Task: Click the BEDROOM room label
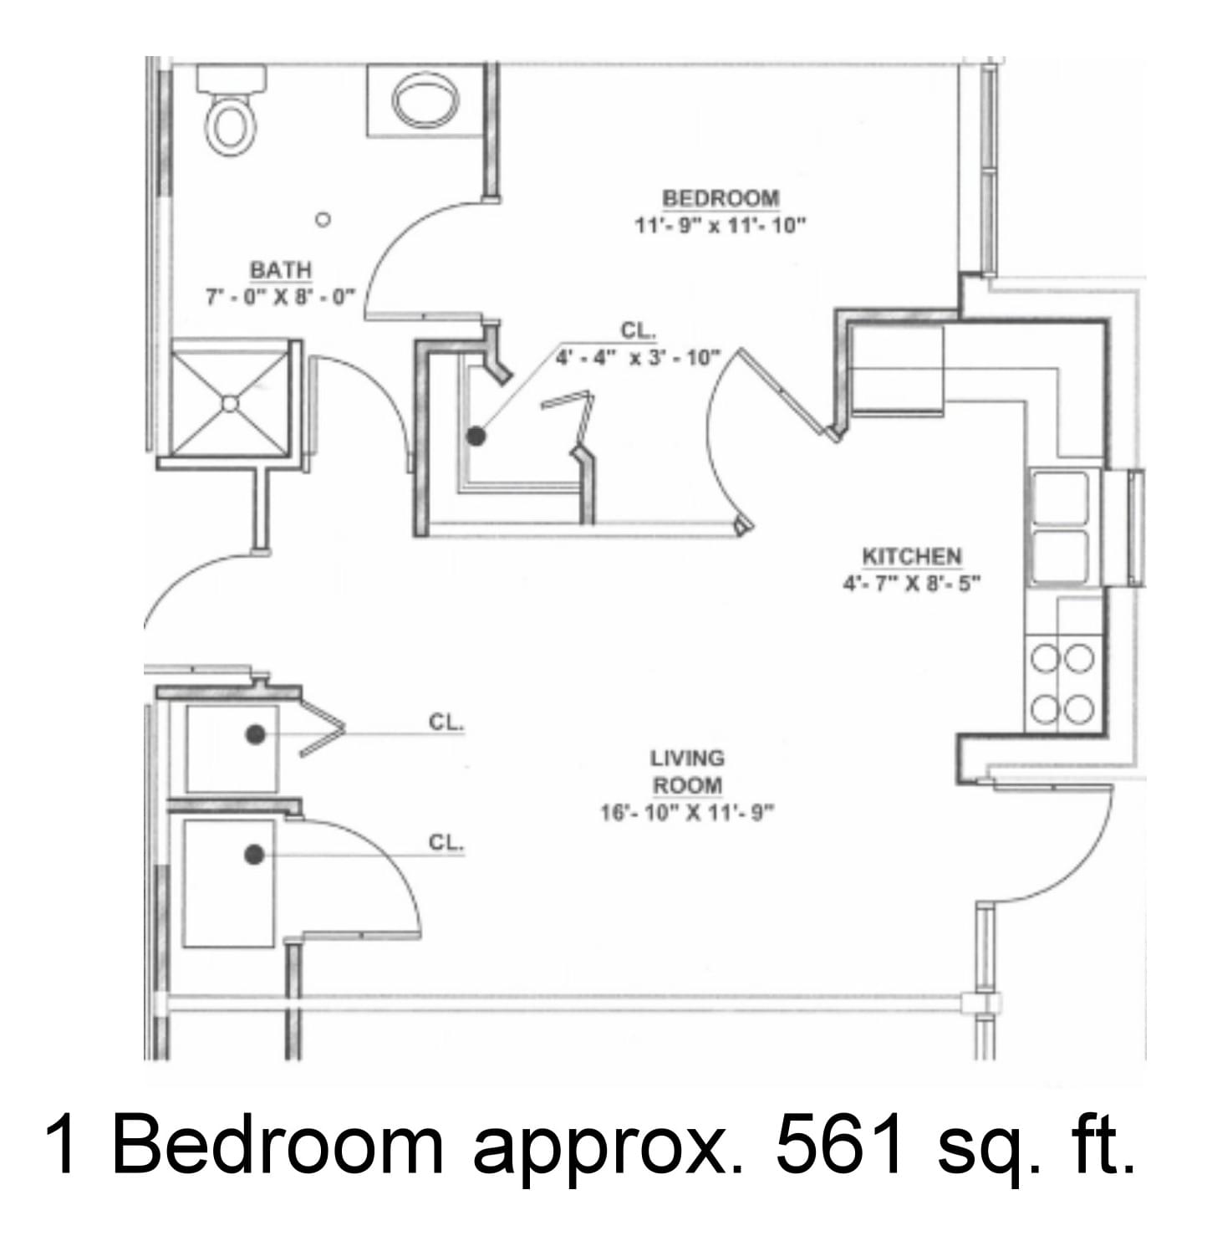(x=720, y=199)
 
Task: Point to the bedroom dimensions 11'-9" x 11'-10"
(x=720, y=226)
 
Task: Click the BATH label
(x=281, y=271)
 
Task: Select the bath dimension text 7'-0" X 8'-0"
(x=280, y=297)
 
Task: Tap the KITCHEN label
(x=912, y=556)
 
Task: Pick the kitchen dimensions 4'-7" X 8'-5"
(x=912, y=584)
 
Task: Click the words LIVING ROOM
(x=688, y=771)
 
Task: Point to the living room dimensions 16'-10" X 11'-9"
(x=688, y=812)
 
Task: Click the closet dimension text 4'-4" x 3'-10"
(x=638, y=358)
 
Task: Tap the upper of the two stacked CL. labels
(x=446, y=723)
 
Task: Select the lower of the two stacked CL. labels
(x=446, y=843)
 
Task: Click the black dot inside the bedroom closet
(x=476, y=437)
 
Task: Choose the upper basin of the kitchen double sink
(x=1059, y=498)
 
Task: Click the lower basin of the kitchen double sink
(x=1059, y=557)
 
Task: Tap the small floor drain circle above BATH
(x=323, y=220)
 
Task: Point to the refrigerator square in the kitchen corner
(x=896, y=369)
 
